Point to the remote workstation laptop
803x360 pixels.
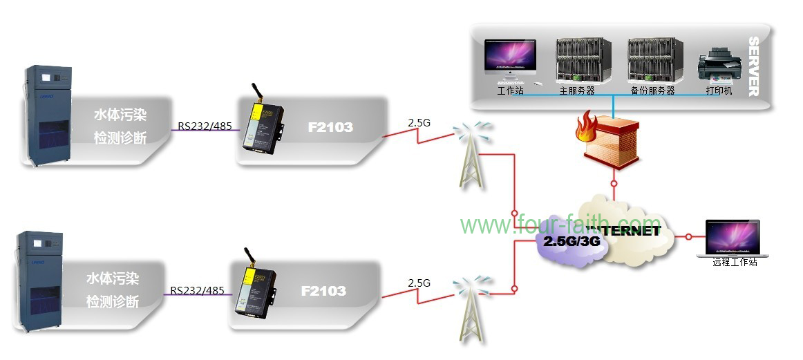point(732,238)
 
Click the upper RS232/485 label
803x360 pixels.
point(205,126)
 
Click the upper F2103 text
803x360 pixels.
point(330,127)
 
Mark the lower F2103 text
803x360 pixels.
point(323,291)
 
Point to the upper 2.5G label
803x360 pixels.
point(419,123)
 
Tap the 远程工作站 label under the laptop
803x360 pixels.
point(735,263)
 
